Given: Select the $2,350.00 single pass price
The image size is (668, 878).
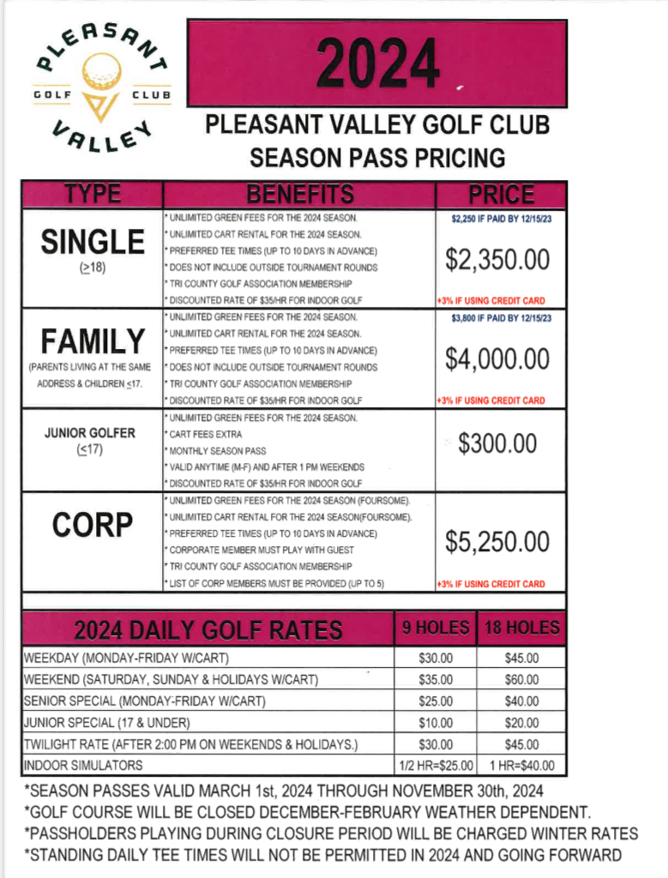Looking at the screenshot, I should click(x=497, y=259).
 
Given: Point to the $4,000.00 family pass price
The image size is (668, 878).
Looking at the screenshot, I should click(x=497, y=358).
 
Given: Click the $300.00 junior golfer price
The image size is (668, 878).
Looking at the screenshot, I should click(x=497, y=443).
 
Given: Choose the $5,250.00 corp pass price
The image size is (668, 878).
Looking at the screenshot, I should click(x=497, y=541).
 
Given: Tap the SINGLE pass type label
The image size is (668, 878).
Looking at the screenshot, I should click(x=93, y=242).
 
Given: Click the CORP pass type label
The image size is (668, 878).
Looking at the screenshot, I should click(x=93, y=525).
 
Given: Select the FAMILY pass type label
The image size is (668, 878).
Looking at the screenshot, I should click(x=93, y=341).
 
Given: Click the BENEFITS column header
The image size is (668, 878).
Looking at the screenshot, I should click(x=299, y=195).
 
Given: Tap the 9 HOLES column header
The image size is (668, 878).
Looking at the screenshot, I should click(x=436, y=628).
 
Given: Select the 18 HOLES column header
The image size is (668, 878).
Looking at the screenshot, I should click(x=521, y=628).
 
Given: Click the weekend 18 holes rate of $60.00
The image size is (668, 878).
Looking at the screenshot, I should click(x=521, y=680).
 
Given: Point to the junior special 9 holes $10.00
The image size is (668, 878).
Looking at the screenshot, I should click(x=436, y=723).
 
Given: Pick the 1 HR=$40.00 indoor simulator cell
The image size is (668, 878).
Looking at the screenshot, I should click(x=521, y=766).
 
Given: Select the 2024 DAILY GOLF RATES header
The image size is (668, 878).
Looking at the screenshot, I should click(x=208, y=630).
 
